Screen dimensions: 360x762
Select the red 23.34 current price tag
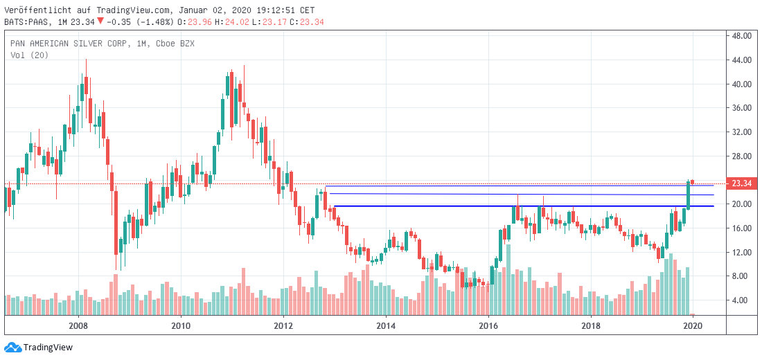[x=742, y=183]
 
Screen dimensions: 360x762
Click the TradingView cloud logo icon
[x=12, y=347]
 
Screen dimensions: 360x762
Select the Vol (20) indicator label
[x=29, y=55]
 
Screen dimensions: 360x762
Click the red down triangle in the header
[x=100, y=21]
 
